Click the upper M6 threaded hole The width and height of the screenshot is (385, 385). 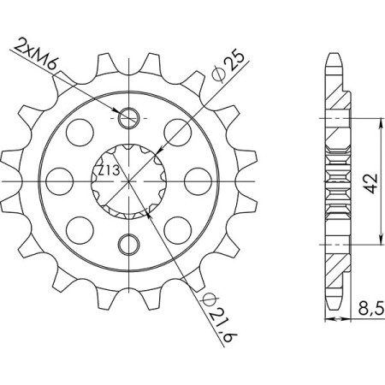128,117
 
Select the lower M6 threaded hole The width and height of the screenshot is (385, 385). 128,243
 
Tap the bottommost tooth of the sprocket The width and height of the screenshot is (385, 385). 128,308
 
